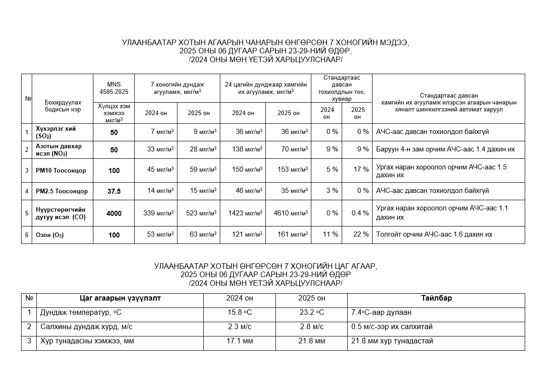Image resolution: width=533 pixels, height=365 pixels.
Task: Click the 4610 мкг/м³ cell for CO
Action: pyautogui.click(x=291, y=213)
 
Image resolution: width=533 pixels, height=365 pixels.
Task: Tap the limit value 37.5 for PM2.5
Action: pyautogui.click(x=114, y=191)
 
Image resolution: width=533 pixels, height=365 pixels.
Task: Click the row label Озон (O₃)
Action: pyautogui.click(x=50, y=235)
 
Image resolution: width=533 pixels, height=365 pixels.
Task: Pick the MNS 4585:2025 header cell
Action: pyautogui.click(x=114, y=88)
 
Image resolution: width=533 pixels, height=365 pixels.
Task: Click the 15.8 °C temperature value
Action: pyautogui.click(x=240, y=313)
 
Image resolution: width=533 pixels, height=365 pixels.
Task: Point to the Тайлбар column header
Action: pyautogui.click(x=436, y=298)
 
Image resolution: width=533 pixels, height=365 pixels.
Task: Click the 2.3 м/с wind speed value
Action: pyautogui.click(x=240, y=327)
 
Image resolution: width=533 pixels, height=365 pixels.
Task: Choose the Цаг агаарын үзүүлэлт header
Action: pyautogui.click(x=120, y=298)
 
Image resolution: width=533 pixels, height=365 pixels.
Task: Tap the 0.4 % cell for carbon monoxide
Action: pyautogui.click(x=359, y=213)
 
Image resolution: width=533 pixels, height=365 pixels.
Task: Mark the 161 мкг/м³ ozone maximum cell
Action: pyautogui.click(x=291, y=235)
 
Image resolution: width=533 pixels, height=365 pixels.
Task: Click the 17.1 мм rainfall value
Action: pyautogui.click(x=240, y=342)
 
